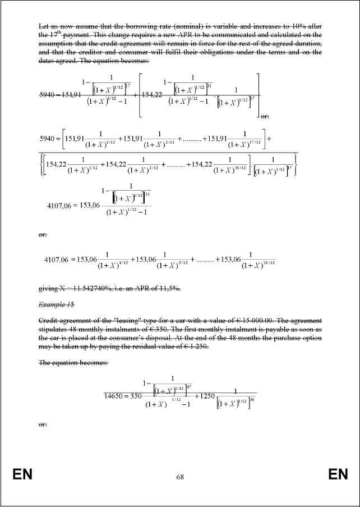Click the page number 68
click(180, 477)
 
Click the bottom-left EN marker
click(23, 476)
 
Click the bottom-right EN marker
click(338, 476)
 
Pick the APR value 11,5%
click(171, 288)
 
